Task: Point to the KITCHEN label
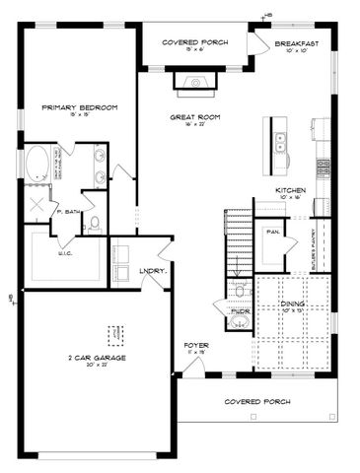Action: tap(290, 189)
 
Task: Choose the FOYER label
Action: tap(194, 345)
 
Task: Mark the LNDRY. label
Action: tap(152, 269)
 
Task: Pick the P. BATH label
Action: tap(67, 211)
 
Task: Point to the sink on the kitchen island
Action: tap(280, 143)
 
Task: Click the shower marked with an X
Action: tap(38, 206)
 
